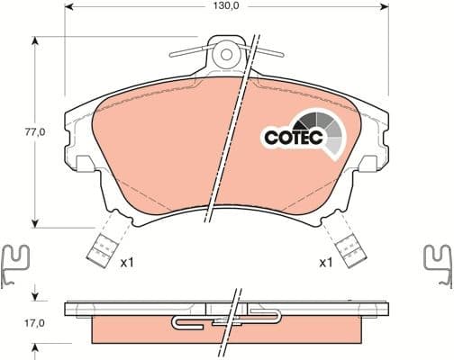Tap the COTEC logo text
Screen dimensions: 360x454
tap(290, 138)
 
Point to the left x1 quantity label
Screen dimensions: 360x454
tap(128, 263)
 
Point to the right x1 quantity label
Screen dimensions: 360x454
tap(326, 263)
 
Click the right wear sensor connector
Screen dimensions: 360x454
tap(347, 245)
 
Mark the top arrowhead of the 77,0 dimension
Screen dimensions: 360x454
tap(35, 38)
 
